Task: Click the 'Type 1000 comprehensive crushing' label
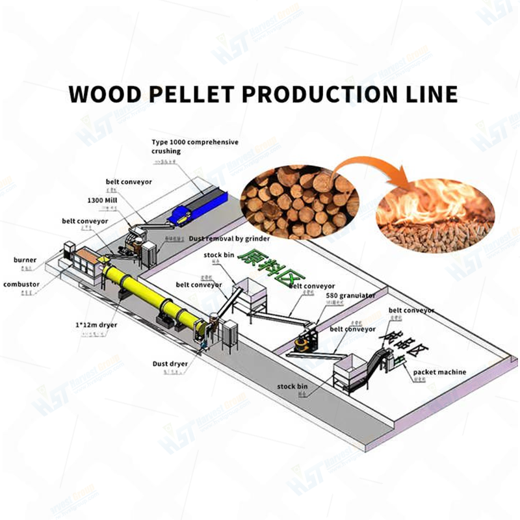pyautogui.click(x=185, y=146)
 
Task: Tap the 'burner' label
pyautogui.click(x=26, y=260)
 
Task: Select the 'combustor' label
pyautogui.click(x=21, y=284)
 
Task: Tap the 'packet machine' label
pyautogui.click(x=439, y=372)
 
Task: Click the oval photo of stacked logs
pyautogui.click(x=300, y=201)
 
